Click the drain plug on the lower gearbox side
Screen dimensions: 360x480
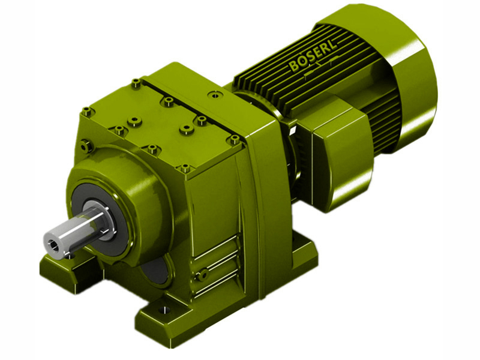pos(203,274)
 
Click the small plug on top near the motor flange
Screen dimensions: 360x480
pos(212,95)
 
